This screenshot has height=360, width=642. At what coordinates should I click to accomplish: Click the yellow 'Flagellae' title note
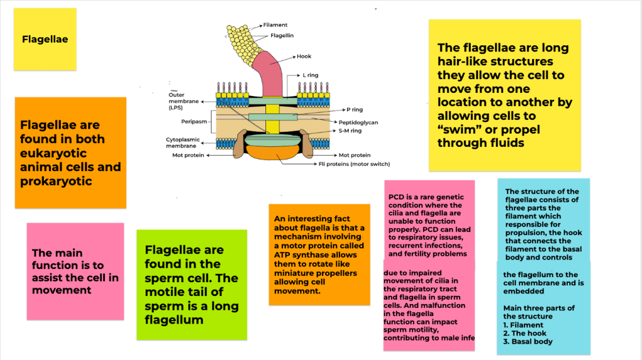(45, 39)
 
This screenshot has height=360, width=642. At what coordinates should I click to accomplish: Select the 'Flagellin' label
(282, 36)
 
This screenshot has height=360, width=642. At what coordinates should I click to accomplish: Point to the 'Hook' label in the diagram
(304, 56)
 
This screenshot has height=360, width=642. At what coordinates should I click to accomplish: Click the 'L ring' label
(310, 75)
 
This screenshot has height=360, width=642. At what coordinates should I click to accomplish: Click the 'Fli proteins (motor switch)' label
(354, 164)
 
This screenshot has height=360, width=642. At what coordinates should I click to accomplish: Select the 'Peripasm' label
(186, 121)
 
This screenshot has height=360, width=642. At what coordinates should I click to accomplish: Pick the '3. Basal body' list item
(528, 342)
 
